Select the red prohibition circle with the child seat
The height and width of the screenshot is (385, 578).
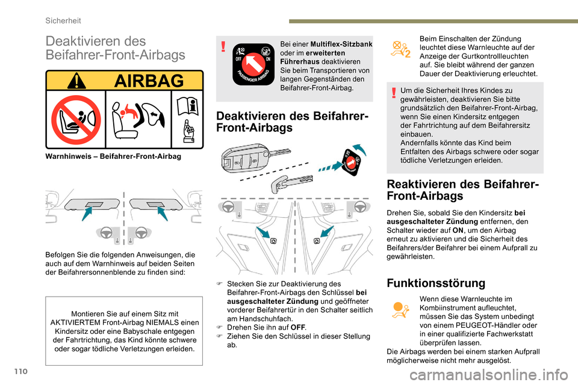(x=75, y=119)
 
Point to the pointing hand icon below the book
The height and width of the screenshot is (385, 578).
(x=188, y=132)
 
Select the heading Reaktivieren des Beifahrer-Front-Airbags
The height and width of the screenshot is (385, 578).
(x=462, y=189)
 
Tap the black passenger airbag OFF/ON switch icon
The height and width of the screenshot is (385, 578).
(x=253, y=64)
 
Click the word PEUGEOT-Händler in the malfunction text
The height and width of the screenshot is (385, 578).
(x=480, y=325)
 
